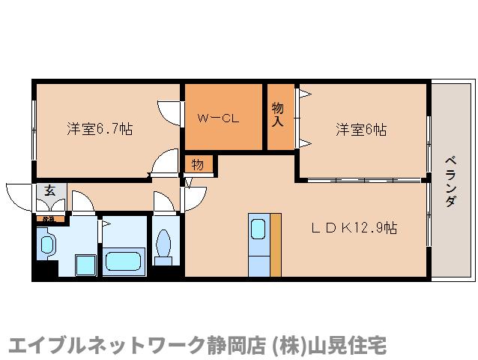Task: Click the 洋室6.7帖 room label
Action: (100, 129)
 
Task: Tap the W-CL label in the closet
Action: (218, 118)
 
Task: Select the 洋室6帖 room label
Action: (360, 129)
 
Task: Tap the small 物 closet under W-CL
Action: (198, 163)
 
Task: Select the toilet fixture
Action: (164, 244)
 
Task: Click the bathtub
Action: (124, 262)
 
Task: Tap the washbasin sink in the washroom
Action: (48, 244)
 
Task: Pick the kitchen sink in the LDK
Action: (258, 229)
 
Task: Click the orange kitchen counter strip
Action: (276, 244)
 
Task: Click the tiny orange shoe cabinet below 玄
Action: (49, 218)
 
